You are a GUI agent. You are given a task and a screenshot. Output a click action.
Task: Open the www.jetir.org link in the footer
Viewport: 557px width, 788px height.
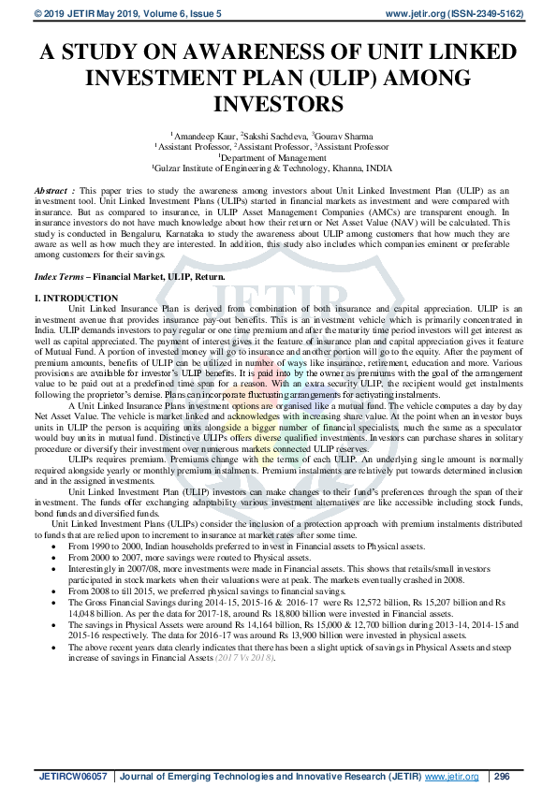pyautogui.click(x=452, y=777)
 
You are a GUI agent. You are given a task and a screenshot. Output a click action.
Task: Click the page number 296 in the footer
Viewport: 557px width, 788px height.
pyautogui.click(x=502, y=777)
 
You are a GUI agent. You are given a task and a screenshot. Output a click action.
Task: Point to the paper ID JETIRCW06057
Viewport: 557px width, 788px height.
pyautogui.click(x=74, y=777)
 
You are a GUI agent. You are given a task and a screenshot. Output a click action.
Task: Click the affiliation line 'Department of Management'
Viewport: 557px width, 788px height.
pyautogui.click(x=279, y=157)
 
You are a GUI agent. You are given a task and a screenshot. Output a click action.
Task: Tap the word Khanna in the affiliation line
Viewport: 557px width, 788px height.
pyautogui.click(x=340, y=168)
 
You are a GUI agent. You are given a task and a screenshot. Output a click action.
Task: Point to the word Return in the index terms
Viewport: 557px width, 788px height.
pyautogui.click(x=211, y=279)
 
